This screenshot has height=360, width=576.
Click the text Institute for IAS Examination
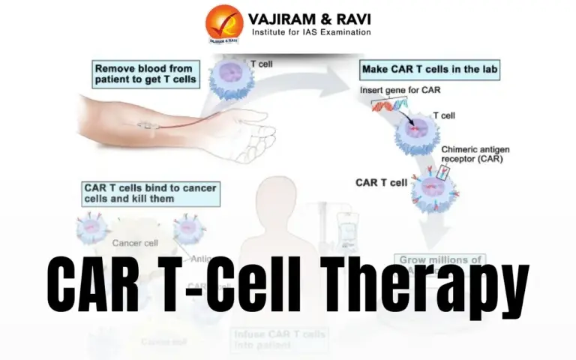[x=310, y=33]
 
